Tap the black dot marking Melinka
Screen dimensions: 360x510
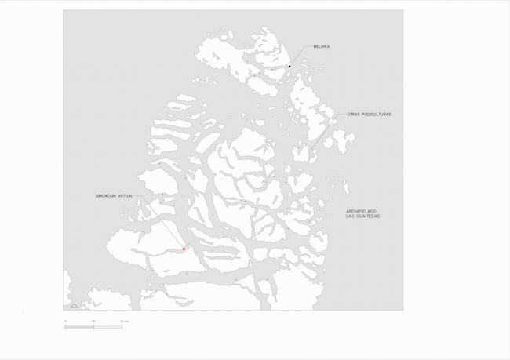290,67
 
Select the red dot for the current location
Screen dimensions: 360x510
184,249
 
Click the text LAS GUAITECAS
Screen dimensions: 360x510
362,216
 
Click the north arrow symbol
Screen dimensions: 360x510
74,304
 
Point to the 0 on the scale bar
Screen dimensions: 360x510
66,322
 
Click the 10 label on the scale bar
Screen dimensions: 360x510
94,322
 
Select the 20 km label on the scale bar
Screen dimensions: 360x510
123,322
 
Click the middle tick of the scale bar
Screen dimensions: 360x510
94,326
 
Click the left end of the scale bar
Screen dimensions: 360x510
65,326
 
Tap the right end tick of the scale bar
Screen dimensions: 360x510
122,326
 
